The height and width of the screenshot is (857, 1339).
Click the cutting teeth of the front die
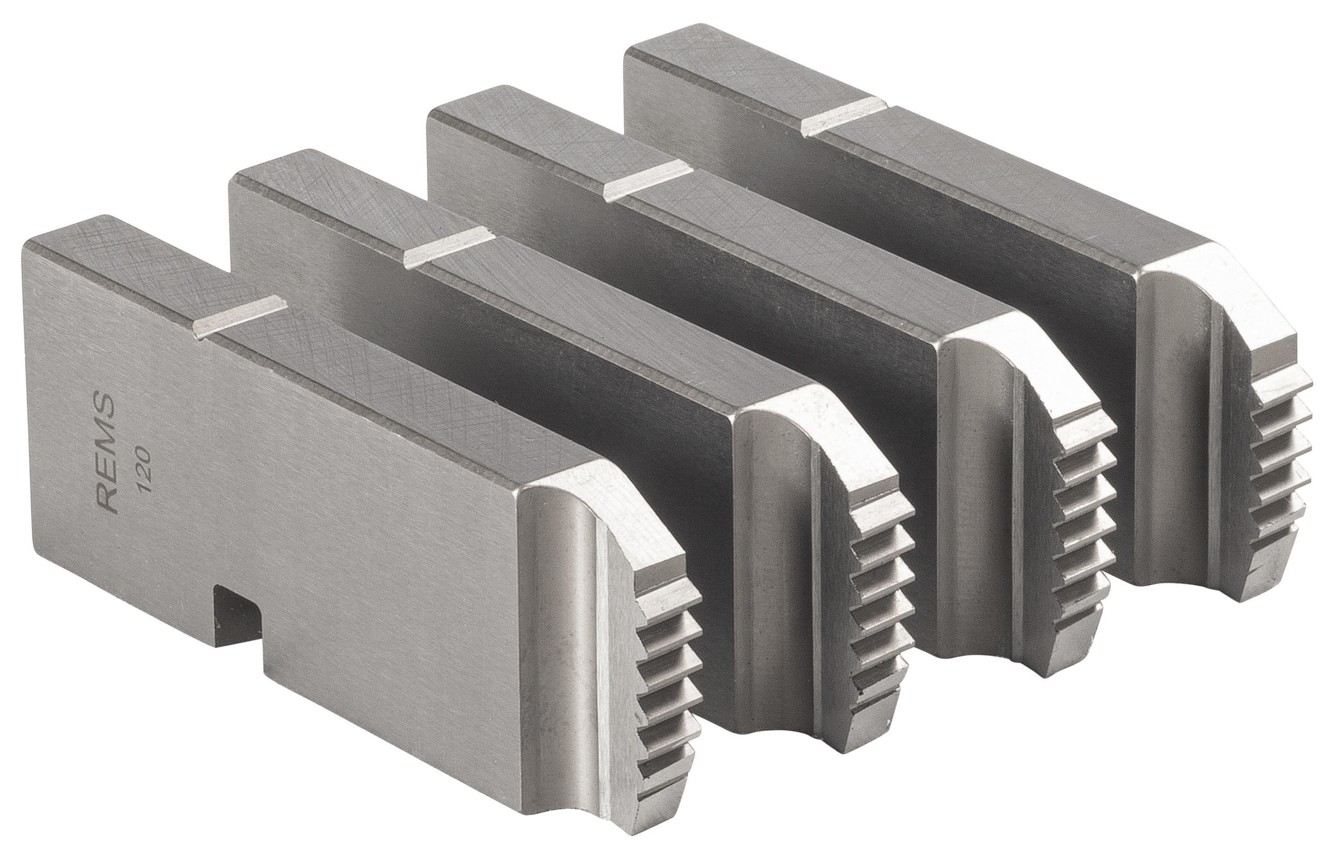tap(665, 684)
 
